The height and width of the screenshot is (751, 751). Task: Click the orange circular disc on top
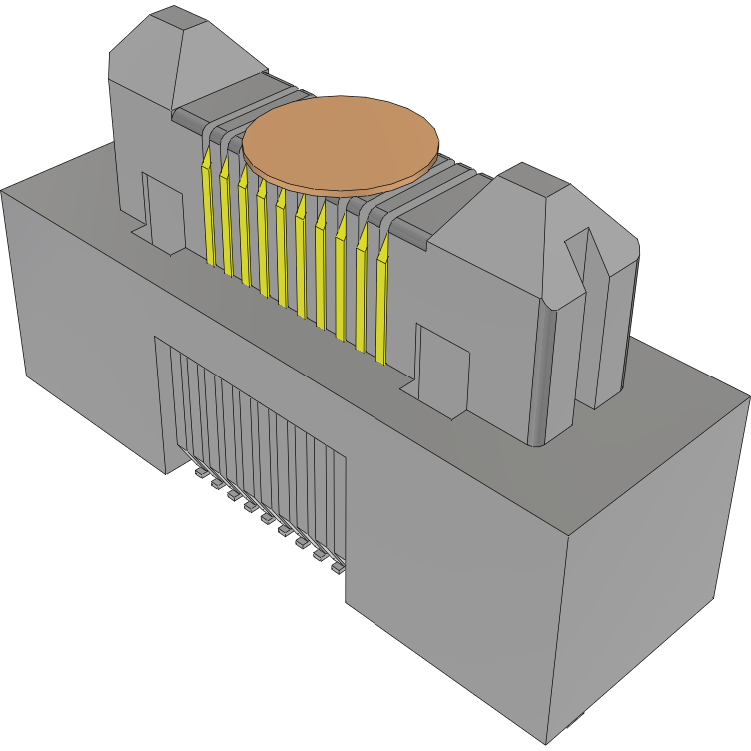(342, 140)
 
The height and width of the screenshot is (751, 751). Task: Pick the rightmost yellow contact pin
(383, 300)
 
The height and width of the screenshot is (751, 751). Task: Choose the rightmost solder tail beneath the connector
(337, 567)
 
